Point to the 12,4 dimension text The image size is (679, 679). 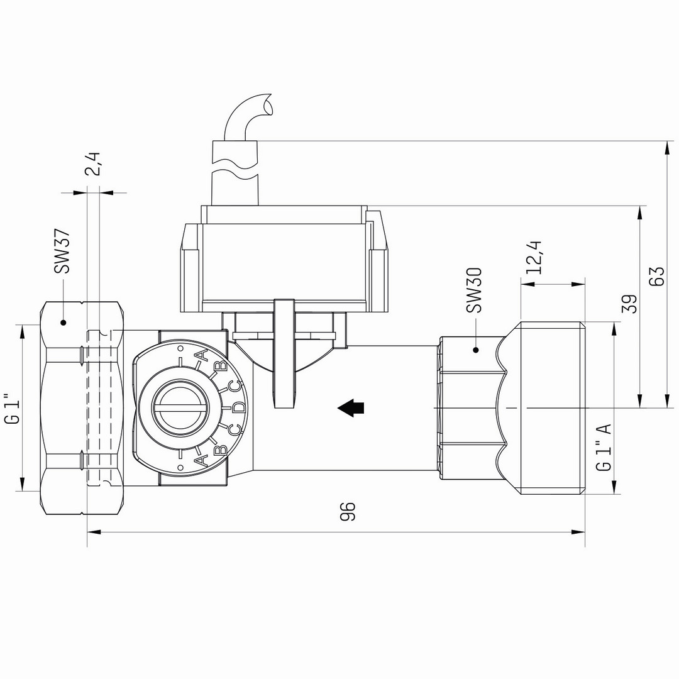tap(535, 256)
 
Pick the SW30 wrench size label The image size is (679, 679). tap(474, 290)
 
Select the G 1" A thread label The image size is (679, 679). tap(604, 447)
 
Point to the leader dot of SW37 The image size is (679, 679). tap(62, 323)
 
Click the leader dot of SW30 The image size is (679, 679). tap(475, 350)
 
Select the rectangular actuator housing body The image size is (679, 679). tap(283, 264)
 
